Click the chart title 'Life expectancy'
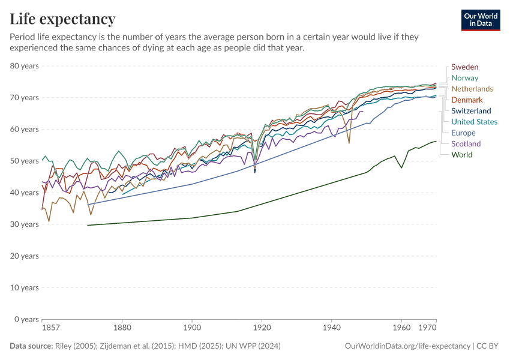pyautogui.click(x=62, y=19)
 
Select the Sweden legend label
pyautogui.click(x=464, y=67)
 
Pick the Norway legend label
pyautogui.click(x=464, y=78)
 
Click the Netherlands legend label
pyautogui.click(x=472, y=89)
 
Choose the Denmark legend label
pyautogui.click(x=467, y=100)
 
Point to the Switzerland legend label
pyautogui.click(x=471, y=111)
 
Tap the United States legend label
pyautogui.click(x=474, y=122)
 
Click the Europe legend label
pyautogui.click(x=463, y=133)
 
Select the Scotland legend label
pyautogui.click(x=466, y=144)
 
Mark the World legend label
pyautogui.click(x=461, y=155)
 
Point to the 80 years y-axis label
pyautogui.click(x=25, y=66)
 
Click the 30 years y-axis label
pyautogui.click(x=25, y=224)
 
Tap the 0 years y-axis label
pyautogui.click(x=26, y=319)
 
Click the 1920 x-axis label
pyautogui.click(x=262, y=329)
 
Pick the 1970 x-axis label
pyautogui.click(x=427, y=329)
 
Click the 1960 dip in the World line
pyautogui.click(x=401, y=167)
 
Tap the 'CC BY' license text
pyautogui.click(x=489, y=346)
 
